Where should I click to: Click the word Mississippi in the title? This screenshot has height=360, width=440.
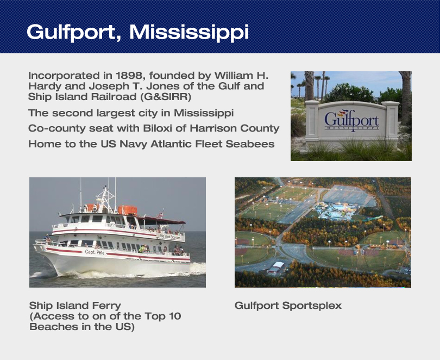click(x=189, y=32)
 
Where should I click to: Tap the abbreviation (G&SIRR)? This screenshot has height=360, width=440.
click(x=166, y=97)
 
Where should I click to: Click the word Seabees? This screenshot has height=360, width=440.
click(x=250, y=144)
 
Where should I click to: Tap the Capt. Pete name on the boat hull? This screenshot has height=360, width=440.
click(x=95, y=252)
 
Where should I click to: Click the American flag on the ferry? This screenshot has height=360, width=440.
click(x=160, y=215)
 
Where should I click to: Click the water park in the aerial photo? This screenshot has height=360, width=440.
click(x=337, y=210)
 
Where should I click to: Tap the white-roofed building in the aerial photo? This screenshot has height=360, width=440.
click(x=276, y=267)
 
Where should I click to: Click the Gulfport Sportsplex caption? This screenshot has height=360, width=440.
click(x=288, y=306)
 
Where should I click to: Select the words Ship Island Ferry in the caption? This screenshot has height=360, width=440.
click(x=75, y=306)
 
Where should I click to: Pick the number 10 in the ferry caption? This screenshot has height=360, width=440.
click(x=175, y=316)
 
